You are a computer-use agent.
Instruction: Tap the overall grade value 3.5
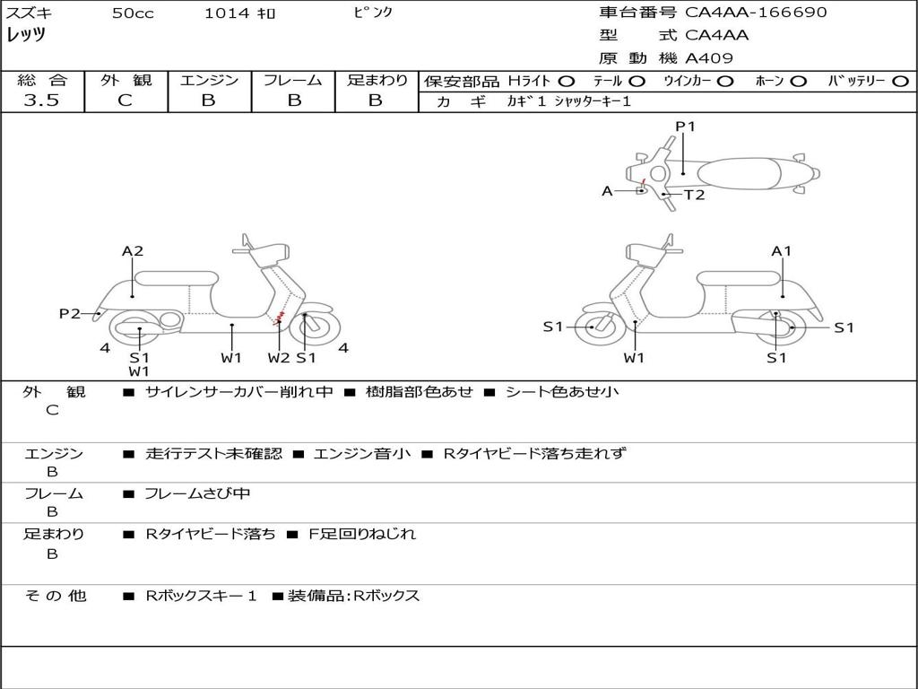pos(41,100)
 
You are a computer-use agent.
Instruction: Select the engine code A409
pos(709,58)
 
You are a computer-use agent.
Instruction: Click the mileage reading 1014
pos(227,13)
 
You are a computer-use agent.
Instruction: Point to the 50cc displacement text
pos(133,13)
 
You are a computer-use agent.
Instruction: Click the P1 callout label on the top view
pos(685,126)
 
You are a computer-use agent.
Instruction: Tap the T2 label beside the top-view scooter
pos(694,195)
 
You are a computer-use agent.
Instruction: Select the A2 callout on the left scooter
pos(133,251)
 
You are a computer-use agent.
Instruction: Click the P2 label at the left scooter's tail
pos(70,313)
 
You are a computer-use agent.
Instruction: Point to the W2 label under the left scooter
pos(279,358)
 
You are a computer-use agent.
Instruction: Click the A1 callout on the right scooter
pos(782,251)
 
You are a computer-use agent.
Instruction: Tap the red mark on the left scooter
pos(281,317)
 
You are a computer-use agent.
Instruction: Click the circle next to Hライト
pos(567,81)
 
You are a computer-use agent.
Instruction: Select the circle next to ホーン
pos(799,81)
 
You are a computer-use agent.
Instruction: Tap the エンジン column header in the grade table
pos(209,80)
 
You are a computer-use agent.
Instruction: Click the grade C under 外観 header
pos(125,100)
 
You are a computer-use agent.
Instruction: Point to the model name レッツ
pos(26,35)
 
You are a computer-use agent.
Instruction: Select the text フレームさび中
pos(197,493)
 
